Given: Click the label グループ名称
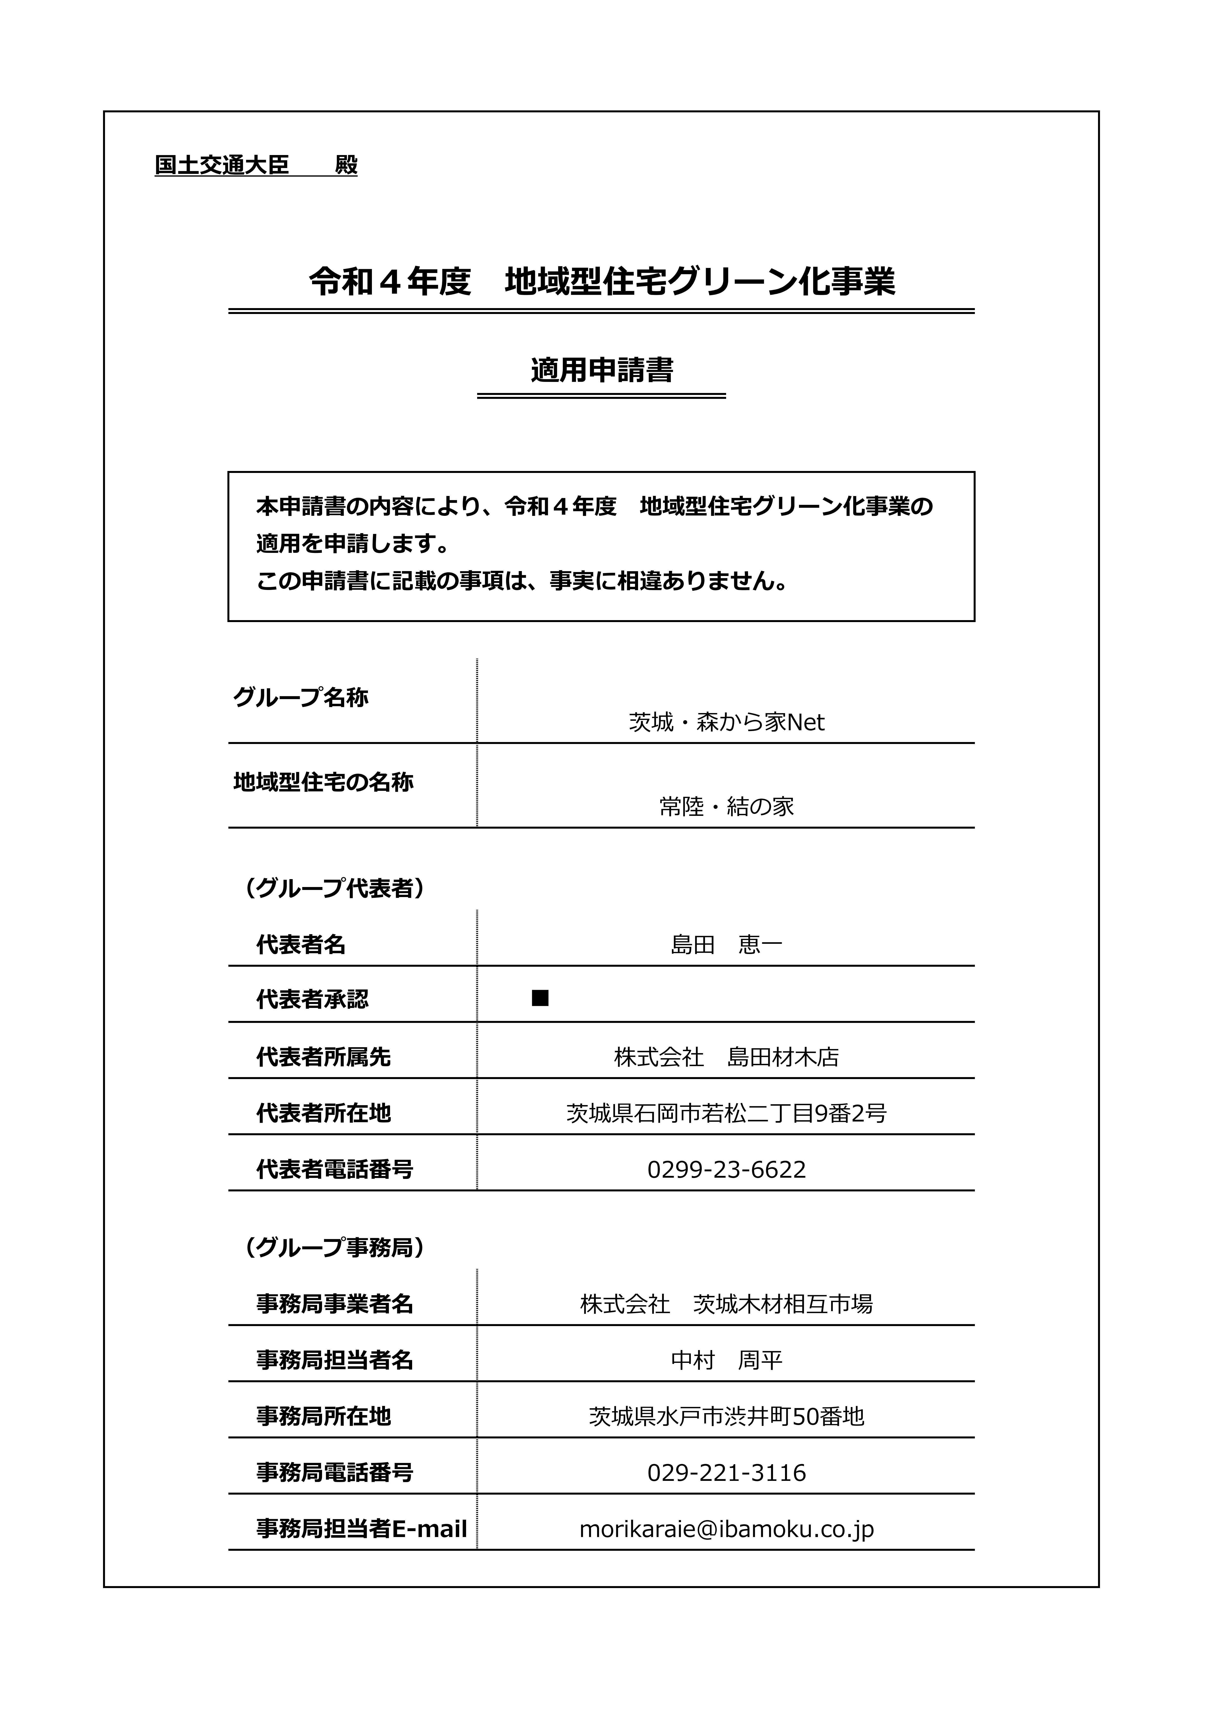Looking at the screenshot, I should point(301,698).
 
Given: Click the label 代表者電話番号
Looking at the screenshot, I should point(334,1169).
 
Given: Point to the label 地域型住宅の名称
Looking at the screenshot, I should point(323,782).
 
